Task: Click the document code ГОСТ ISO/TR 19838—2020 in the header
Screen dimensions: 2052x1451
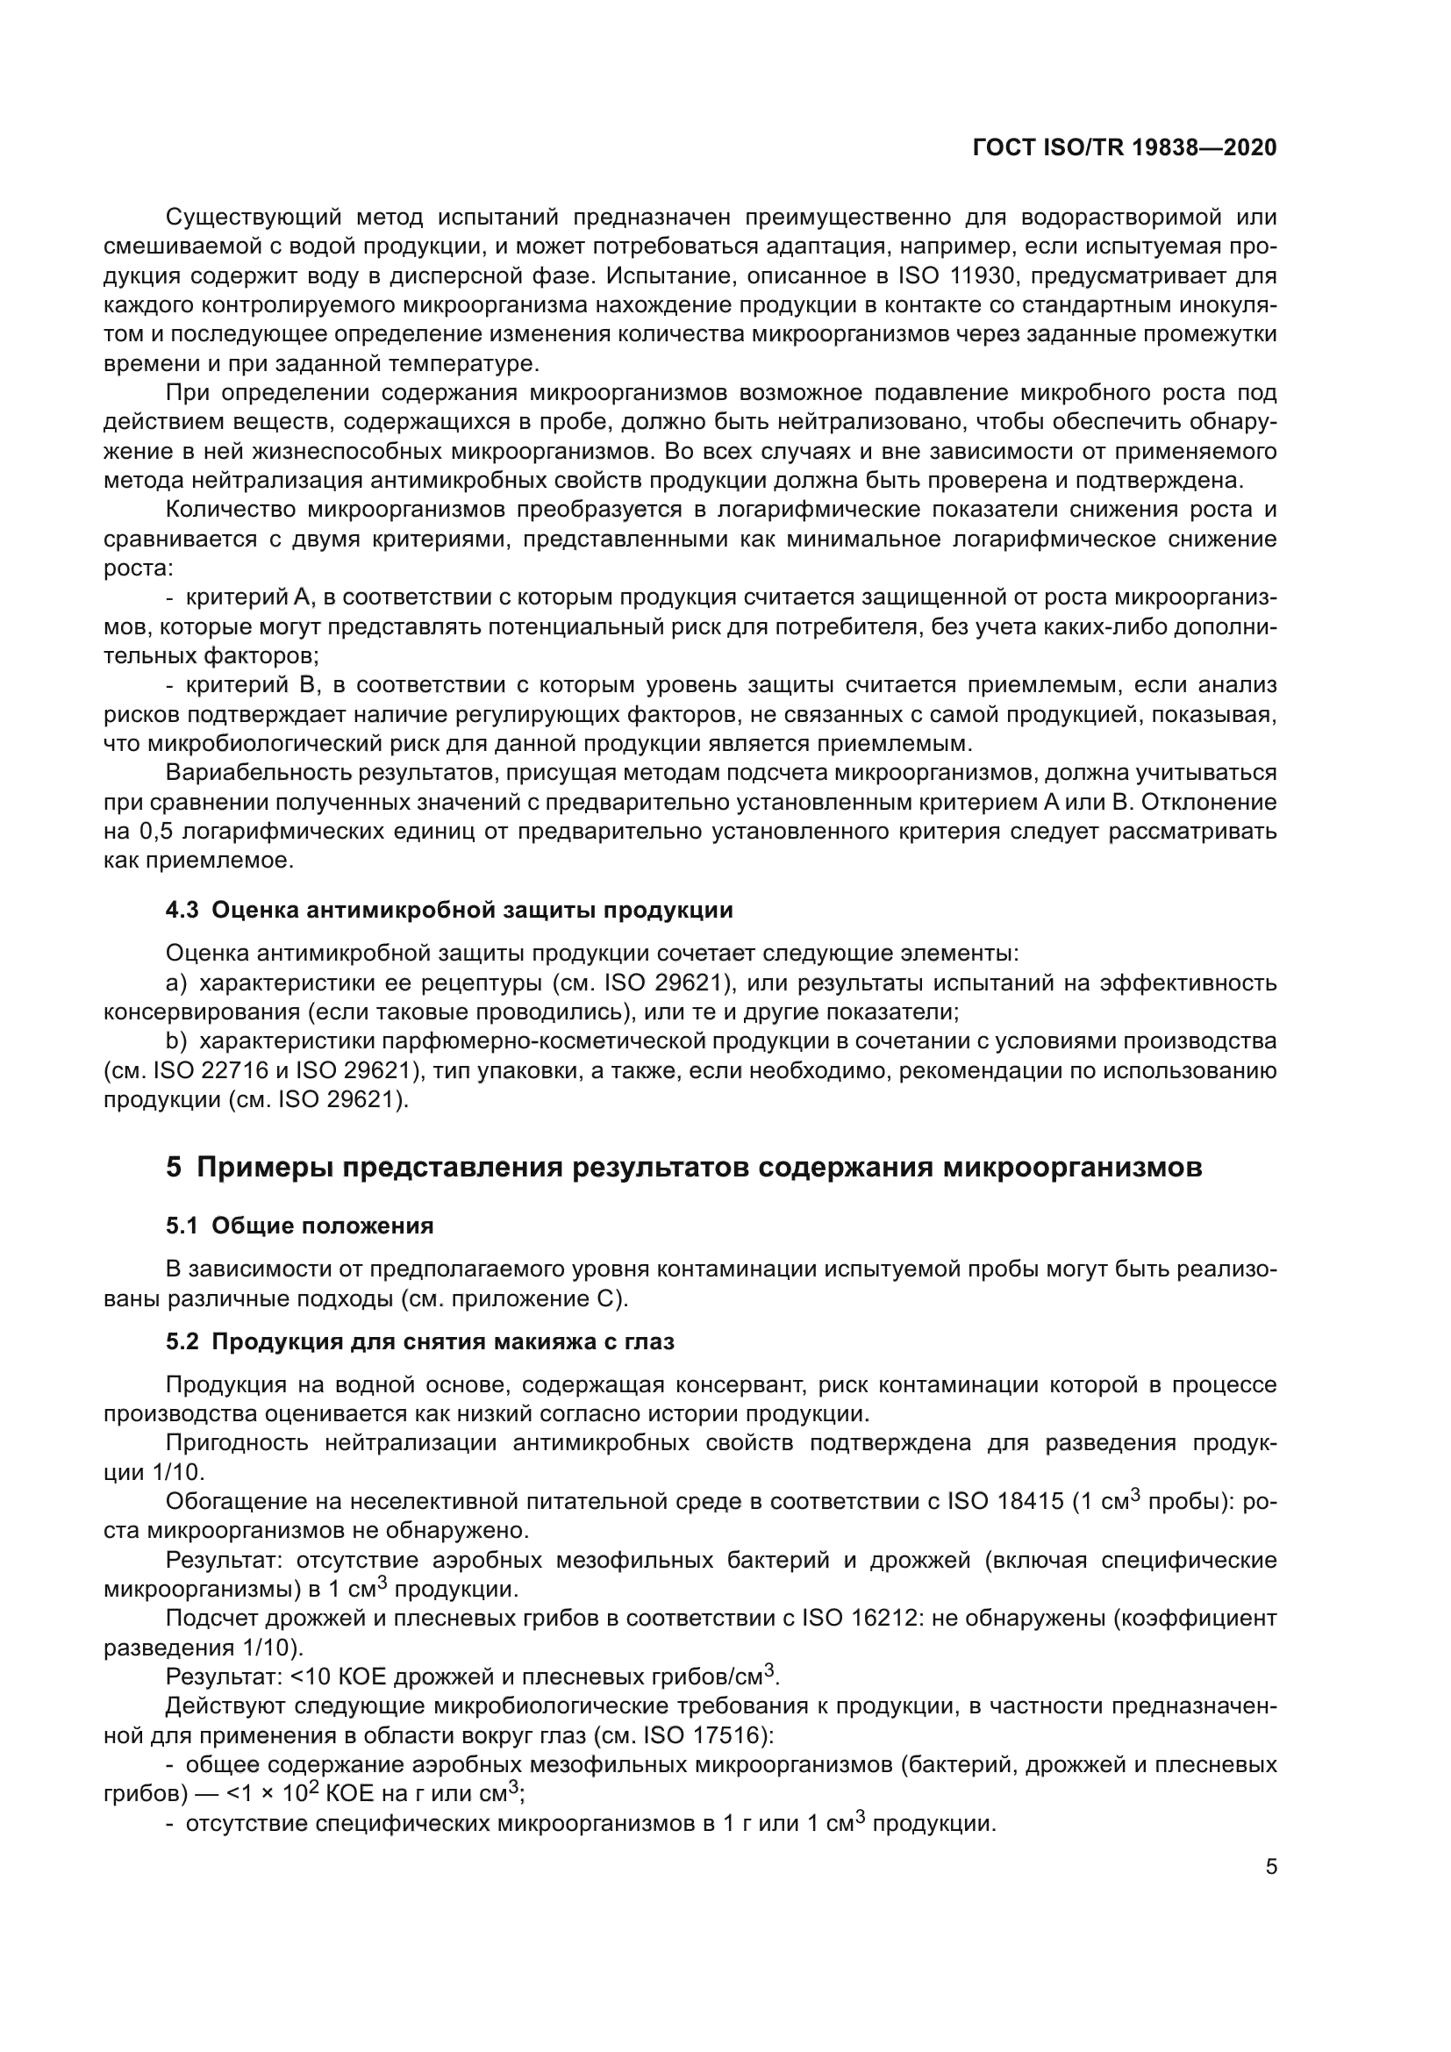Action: [1124, 147]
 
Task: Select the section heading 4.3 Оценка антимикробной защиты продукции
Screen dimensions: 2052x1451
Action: [449, 911]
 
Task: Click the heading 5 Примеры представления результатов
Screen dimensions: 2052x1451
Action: [683, 1167]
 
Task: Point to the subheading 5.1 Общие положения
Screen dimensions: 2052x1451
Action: [299, 1226]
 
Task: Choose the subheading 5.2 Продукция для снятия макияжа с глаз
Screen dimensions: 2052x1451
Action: [420, 1341]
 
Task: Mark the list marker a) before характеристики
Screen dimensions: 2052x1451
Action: [176, 983]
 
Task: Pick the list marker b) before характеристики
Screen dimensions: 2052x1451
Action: [176, 1041]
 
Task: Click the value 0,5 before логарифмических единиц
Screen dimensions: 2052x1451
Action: [150, 832]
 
